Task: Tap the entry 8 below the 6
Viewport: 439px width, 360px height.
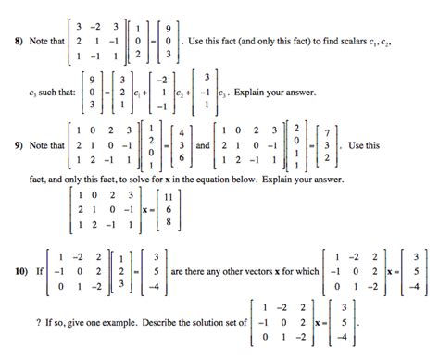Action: coord(167,222)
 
